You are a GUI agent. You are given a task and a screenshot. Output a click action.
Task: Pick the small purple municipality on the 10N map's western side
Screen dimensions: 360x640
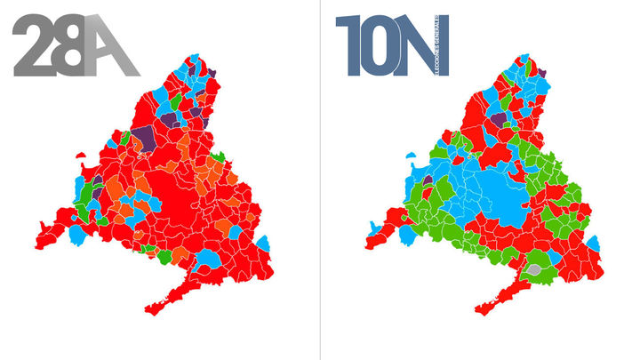point(428,181)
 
